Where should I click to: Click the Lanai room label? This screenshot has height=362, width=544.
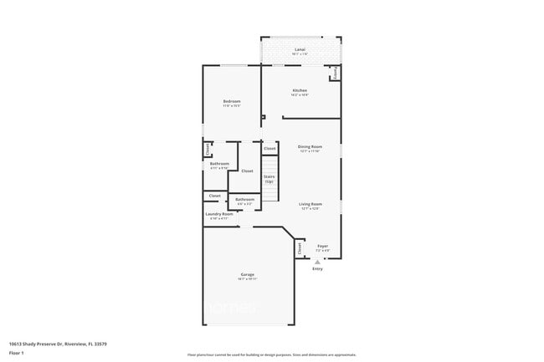(x=300, y=50)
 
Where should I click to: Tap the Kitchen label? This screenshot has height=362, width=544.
(x=300, y=90)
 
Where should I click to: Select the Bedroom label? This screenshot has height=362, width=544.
(x=232, y=102)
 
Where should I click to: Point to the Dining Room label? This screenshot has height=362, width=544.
(x=310, y=147)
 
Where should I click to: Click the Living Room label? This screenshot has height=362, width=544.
(x=311, y=204)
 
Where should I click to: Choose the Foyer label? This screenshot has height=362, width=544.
(x=322, y=246)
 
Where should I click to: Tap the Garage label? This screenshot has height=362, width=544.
(x=248, y=275)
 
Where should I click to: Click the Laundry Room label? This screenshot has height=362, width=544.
(x=218, y=215)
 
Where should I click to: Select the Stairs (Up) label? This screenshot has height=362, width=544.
(x=269, y=178)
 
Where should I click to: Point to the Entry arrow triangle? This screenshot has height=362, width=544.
(x=317, y=262)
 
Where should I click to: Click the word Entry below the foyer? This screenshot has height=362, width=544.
(x=317, y=269)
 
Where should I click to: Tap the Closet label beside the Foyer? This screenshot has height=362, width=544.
(x=300, y=248)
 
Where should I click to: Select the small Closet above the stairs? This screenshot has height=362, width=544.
(x=269, y=148)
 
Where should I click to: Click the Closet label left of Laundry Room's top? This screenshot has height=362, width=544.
(x=215, y=196)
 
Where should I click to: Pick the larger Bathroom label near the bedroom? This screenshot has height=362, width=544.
(x=219, y=164)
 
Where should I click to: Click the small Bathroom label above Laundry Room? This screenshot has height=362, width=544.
(x=244, y=199)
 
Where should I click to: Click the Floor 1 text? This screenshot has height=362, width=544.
(x=16, y=353)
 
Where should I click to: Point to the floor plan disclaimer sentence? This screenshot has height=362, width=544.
(x=271, y=355)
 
